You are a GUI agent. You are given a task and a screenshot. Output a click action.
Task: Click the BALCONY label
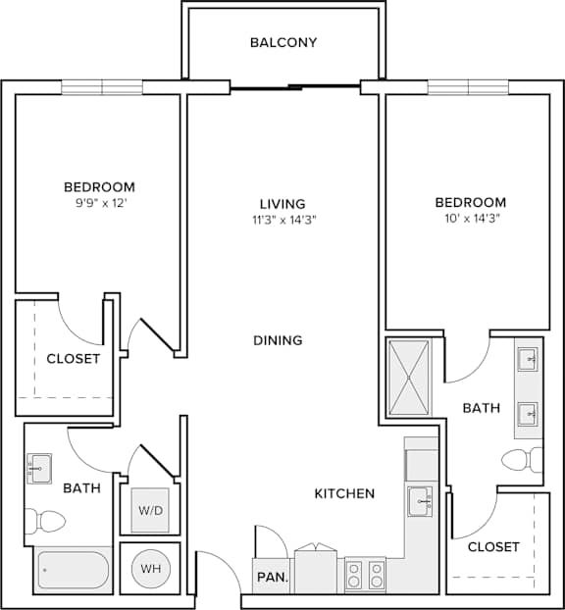click(x=283, y=42)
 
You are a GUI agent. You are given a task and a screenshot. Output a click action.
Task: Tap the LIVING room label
click(x=282, y=204)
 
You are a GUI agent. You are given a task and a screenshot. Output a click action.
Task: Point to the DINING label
click(x=278, y=340)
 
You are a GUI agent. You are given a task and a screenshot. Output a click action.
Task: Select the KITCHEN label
click(x=344, y=493)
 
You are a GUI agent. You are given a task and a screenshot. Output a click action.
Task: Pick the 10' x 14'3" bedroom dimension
click(x=472, y=219)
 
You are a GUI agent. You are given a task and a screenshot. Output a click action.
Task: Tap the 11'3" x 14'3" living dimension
click(x=284, y=221)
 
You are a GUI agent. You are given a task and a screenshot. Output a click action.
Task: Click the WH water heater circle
click(x=151, y=569)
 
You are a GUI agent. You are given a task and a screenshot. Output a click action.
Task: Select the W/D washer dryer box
click(x=150, y=510)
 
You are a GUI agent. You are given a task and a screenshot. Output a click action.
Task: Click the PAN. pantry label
click(x=273, y=577)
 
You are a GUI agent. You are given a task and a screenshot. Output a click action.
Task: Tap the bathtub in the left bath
click(x=74, y=570)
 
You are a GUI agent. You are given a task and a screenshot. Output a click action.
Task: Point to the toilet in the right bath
click(x=522, y=460)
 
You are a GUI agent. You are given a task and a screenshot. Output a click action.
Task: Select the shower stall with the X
click(x=409, y=378)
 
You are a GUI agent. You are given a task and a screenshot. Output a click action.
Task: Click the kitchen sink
click(x=420, y=502)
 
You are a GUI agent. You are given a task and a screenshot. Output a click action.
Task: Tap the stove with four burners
click(x=365, y=575)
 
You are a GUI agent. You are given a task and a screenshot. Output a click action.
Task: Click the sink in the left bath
click(x=39, y=469)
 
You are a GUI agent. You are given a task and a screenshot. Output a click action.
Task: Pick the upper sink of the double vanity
click(x=528, y=359)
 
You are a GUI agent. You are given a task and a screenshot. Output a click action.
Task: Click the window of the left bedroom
click(x=102, y=87)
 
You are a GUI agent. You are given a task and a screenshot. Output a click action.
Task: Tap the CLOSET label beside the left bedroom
click(x=74, y=359)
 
